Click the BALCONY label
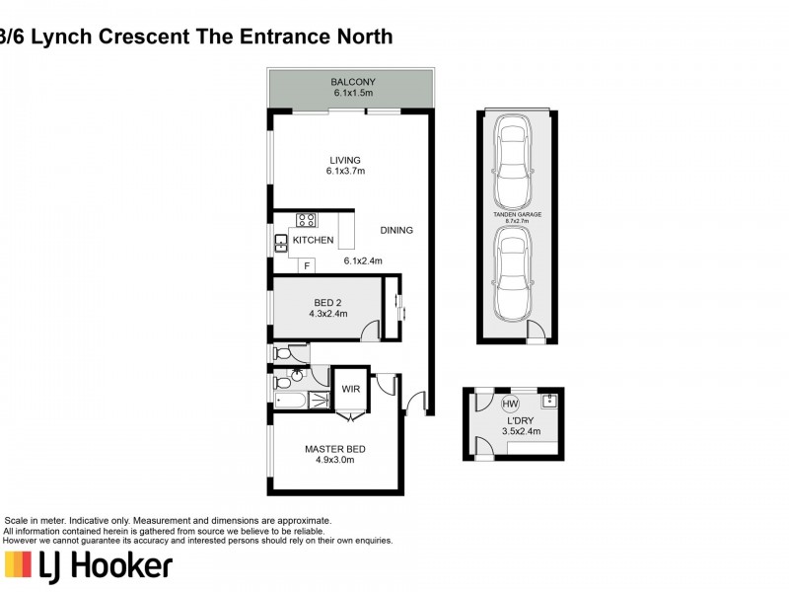pos(353,81)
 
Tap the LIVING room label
pos(345,160)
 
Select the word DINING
pos(395,230)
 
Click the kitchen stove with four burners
pos(307,220)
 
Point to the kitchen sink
pos(281,241)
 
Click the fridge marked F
pos(307,265)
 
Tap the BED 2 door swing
pos(370,332)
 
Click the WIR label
pos(350,389)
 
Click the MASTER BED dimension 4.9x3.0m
pos(328,459)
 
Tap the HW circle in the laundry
pos(510,404)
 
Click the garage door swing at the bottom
pos(536,332)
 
